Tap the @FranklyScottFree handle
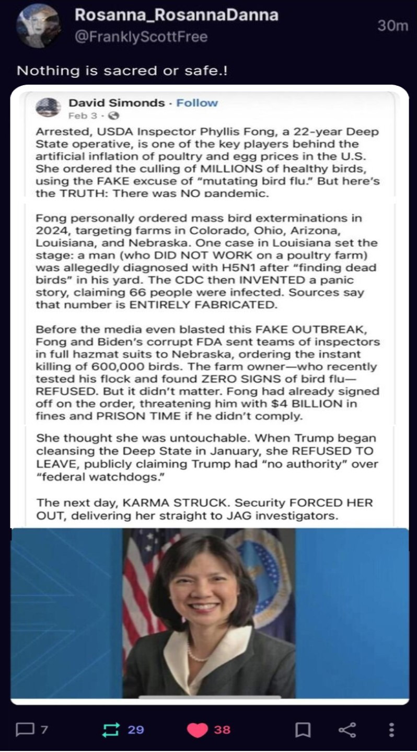pyautogui.click(x=141, y=37)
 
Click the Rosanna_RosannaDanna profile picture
pyautogui.click(x=37, y=26)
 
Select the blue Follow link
pyautogui.click(x=197, y=102)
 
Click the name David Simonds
pyautogui.click(x=117, y=102)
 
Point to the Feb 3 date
pyautogui.click(x=78, y=116)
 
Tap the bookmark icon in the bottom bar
pyautogui.click(x=303, y=730)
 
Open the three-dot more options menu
pyautogui.click(x=391, y=730)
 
